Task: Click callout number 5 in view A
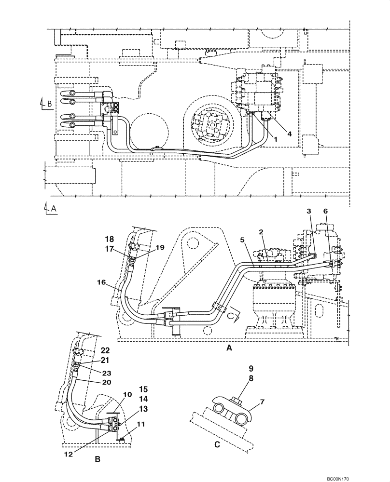243,240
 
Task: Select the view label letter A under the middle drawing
229,348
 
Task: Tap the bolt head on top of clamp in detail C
236,400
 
